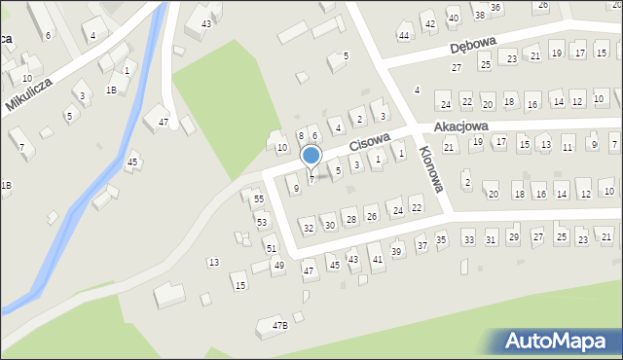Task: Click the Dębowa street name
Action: point(474,47)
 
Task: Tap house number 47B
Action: point(279,326)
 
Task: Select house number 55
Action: point(258,199)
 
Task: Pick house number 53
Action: point(262,223)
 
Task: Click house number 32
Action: point(309,229)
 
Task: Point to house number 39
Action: point(396,252)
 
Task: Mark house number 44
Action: point(404,36)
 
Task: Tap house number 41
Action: point(377,260)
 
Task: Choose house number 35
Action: point(441,239)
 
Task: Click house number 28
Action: point(350,220)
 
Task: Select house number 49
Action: point(278,266)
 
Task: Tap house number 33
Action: point(468,239)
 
